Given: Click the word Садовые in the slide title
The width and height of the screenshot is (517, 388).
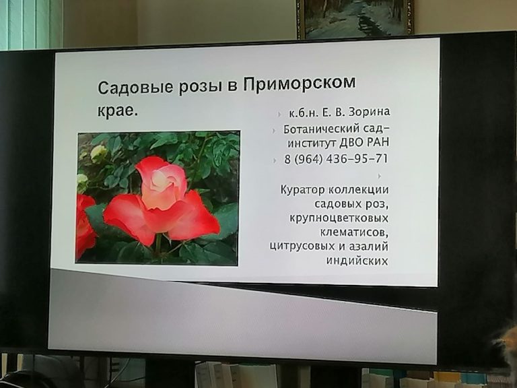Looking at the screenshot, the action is coord(136,88).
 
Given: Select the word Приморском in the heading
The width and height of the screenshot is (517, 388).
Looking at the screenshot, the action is coord(300,84).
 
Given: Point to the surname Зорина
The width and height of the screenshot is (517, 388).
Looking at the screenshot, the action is coord(369,112).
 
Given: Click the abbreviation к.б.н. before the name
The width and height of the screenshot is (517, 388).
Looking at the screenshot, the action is coord(304,113).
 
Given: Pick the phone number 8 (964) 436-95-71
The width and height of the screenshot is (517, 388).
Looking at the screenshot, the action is coord(336,159).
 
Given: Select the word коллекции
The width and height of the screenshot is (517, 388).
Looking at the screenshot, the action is coord(358,190).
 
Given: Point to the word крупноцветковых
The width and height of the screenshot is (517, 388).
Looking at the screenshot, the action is coord(339,218).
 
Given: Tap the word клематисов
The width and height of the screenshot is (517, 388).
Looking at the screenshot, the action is coord(355,232).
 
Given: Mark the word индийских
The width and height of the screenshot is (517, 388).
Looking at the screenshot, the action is coord(357,260).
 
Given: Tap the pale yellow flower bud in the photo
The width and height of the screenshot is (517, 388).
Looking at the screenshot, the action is coord(98,153).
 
